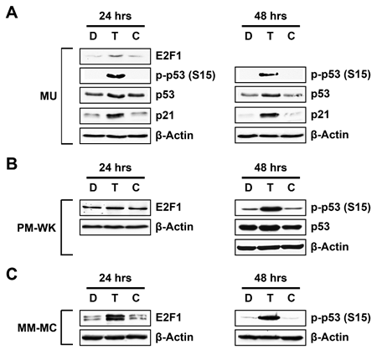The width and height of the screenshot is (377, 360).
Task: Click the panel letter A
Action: coord(12,13)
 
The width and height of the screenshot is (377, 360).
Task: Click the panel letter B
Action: coord(12,164)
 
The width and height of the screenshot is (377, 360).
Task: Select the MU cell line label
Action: coord(49,96)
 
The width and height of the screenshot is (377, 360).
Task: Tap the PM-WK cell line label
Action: coord(37,228)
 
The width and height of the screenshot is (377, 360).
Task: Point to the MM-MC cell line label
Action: coord(37,327)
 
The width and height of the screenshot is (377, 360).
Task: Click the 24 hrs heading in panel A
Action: coord(115,16)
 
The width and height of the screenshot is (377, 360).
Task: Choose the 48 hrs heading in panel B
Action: coord(271,167)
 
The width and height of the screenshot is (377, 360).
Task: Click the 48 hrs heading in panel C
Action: coord(271,278)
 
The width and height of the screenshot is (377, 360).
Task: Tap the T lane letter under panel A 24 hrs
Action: coord(115,36)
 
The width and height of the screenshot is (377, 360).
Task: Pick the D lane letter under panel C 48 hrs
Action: coord(248,298)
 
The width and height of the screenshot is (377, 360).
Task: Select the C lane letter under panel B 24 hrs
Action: coord(136,188)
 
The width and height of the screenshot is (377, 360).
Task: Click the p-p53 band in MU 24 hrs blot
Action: coord(116,75)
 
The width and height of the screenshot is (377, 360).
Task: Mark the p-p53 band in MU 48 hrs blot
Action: coord(269,75)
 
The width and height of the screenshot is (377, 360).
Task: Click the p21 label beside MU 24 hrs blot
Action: coord(165,116)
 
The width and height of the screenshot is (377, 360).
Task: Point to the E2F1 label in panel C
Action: coord(168,317)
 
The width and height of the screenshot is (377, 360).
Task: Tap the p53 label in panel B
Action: coord(320,227)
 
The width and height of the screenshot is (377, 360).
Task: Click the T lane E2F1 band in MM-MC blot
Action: coord(115,317)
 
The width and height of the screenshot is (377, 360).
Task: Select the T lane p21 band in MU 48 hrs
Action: coord(269,115)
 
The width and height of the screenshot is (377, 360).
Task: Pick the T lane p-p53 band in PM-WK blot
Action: coord(270,208)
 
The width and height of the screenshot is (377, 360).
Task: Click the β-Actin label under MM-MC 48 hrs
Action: coord(329,337)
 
